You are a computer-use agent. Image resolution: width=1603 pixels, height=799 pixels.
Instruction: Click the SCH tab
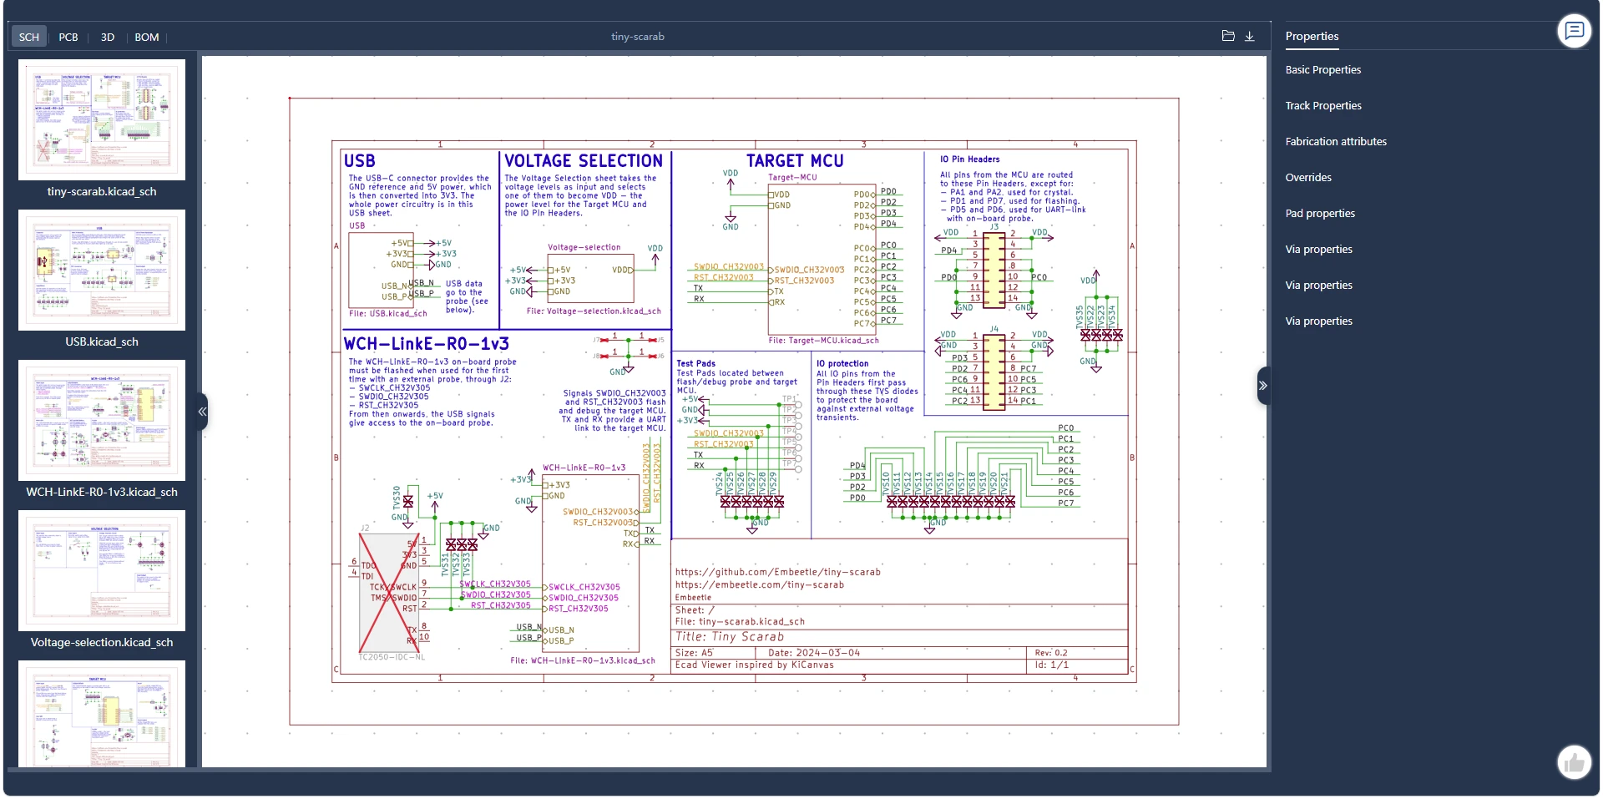(29, 38)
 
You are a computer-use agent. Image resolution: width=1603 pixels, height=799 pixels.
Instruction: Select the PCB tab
(68, 38)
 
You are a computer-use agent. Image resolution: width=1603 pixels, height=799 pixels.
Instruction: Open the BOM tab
(147, 38)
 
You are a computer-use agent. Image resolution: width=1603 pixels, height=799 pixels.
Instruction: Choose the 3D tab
(108, 38)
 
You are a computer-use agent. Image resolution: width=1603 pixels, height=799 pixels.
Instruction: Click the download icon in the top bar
(1250, 37)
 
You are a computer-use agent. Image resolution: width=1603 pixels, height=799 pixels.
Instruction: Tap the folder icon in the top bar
(1228, 37)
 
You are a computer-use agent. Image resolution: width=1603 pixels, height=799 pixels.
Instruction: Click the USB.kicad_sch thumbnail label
(102, 341)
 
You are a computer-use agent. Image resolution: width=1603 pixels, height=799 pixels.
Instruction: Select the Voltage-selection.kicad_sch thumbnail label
(102, 642)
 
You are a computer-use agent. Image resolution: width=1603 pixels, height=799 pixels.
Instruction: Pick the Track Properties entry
(1323, 106)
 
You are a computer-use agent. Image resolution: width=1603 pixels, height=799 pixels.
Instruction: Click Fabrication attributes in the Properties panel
(1336, 142)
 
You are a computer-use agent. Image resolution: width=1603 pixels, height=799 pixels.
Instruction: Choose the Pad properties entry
(1320, 214)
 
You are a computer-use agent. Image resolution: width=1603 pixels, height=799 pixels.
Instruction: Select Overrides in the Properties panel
(1308, 178)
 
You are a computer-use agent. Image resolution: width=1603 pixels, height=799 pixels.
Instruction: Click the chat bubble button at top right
(1574, 32)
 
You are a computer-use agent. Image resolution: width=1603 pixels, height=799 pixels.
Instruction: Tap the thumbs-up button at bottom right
(1574, 762)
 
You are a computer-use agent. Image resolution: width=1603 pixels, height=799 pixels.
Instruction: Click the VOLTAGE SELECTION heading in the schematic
(584, 161)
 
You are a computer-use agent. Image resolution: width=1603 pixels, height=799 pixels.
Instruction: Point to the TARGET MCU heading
(795, 161)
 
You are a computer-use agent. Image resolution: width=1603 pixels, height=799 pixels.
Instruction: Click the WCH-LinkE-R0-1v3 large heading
(426, 344)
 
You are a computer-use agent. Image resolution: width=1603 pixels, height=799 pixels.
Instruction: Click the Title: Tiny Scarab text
(730, 637)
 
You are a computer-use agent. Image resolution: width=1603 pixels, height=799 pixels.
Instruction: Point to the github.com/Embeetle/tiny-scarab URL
(777, 572)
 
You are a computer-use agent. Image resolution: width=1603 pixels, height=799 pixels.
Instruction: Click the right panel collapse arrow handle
(1263, 386)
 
